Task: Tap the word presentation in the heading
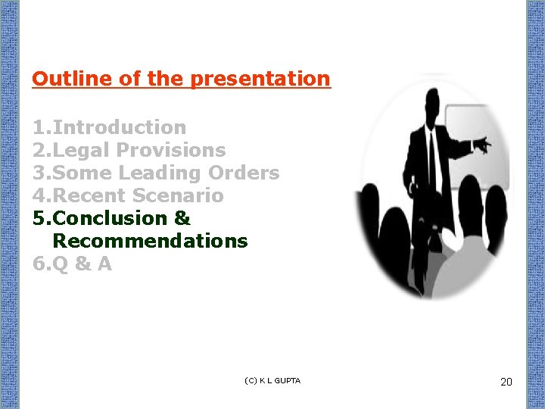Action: coord(260,79)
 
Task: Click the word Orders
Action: coord(244,173)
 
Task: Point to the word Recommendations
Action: coord(150,241)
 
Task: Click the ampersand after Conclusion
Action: coord(182,218)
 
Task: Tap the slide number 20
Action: coord(506,382)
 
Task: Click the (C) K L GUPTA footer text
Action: coord(272,380)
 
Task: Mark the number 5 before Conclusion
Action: coord(39,218)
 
